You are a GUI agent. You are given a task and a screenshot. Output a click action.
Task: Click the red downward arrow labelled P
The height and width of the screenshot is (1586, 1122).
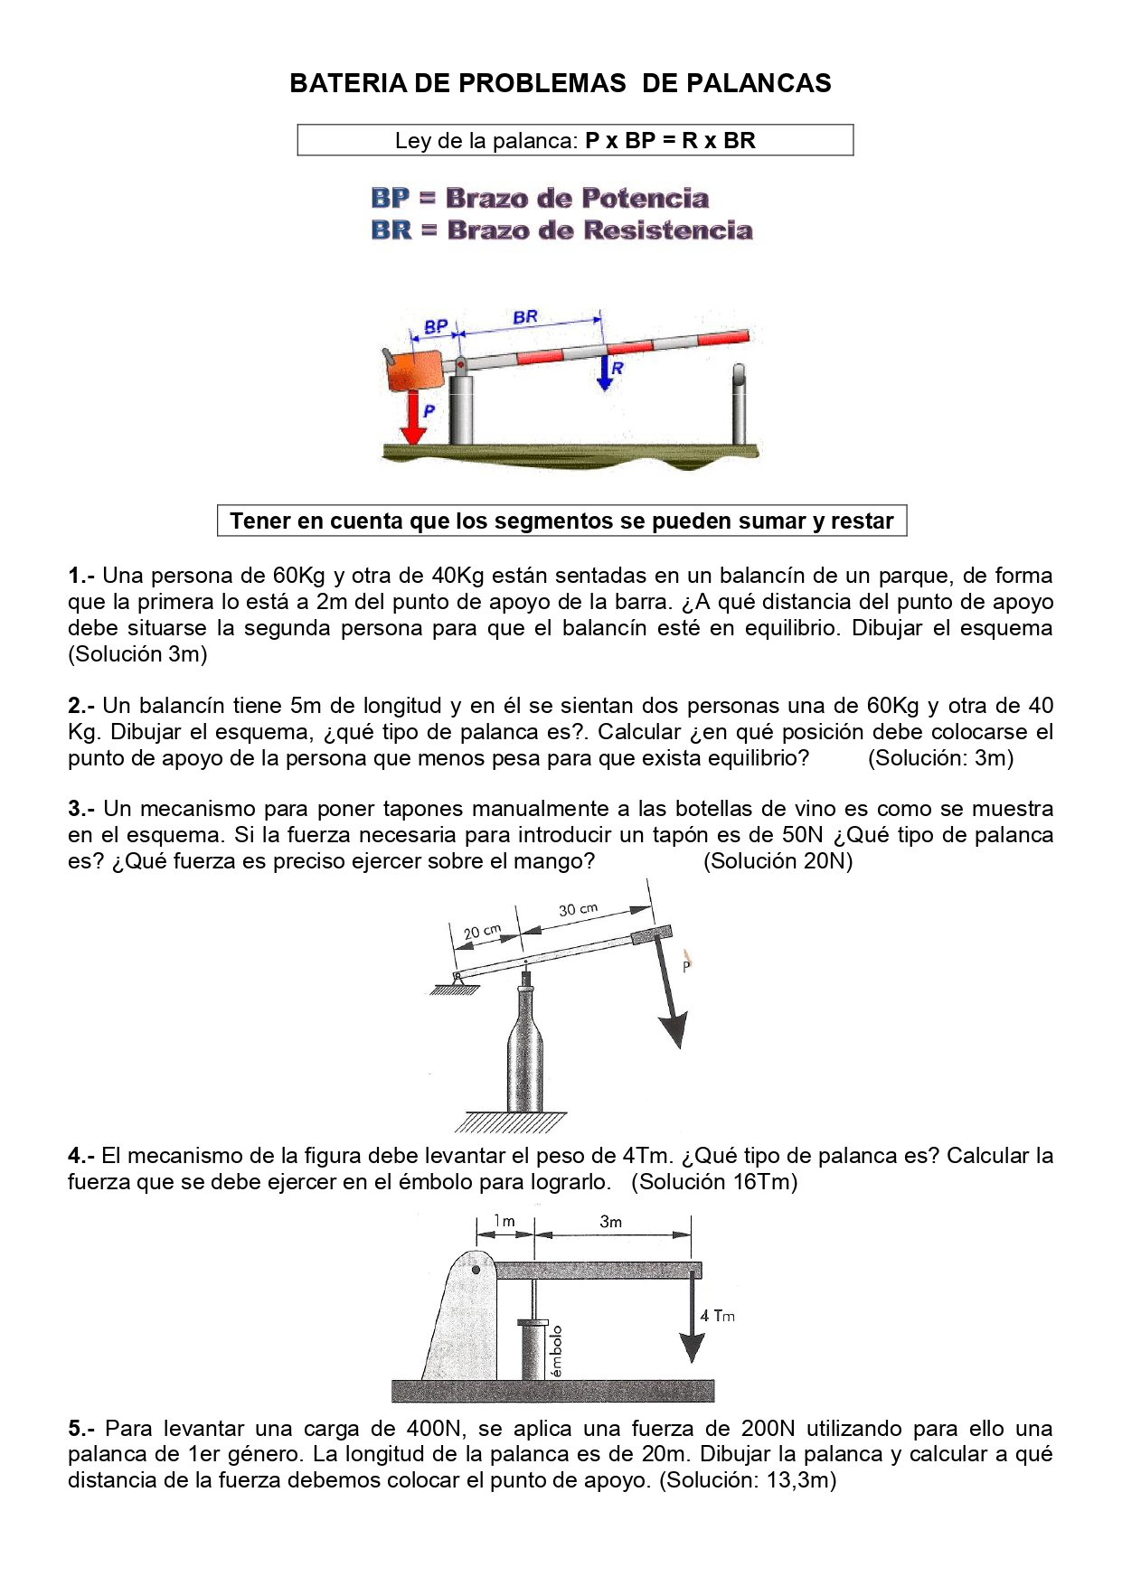pyautogui.click(x=413, y=417)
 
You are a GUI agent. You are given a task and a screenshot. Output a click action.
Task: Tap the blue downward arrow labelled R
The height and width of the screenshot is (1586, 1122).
pyautogui.click(x=605, y=372)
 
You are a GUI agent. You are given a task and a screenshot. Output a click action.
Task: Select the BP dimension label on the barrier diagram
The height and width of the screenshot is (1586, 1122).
pyautogui.click(x=436, y=326)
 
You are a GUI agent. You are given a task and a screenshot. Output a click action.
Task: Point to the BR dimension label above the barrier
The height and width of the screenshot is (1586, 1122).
pyautogui.click(x=525, y=316)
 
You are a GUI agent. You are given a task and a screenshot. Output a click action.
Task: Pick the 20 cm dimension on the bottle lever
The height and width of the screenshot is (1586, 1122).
pyautogui.click(x=482, y=932)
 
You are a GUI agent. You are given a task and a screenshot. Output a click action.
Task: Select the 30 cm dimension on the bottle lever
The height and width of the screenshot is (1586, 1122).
pyautogui.click(x=578, y=909)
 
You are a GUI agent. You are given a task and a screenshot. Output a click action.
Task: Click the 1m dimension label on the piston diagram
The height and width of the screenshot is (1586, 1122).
pyautogui.click(x=504, y=1221)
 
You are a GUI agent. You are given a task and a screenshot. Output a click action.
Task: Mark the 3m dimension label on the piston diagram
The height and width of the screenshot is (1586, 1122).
pyautogui.click(x=611, y=1222)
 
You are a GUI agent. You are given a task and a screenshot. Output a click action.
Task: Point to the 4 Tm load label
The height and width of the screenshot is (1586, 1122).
pyautogui.click(x=717, y=1316)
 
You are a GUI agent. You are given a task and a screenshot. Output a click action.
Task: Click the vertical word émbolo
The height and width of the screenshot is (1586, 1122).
pyautogui.click(x=557, y=1350)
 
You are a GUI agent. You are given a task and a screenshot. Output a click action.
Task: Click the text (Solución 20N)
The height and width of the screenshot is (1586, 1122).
pyautogui.click(x=778, y=861)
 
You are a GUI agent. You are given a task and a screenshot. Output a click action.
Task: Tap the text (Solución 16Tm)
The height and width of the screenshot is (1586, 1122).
pyautogui.click(x=714, y=1182)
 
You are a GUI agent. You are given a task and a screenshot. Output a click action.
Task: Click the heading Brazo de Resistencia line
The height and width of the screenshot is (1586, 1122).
pyautogui.click(x=561, y=230)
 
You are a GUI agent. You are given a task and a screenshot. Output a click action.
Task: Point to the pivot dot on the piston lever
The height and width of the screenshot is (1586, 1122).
pyautogui.click(x=476, y=1269)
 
